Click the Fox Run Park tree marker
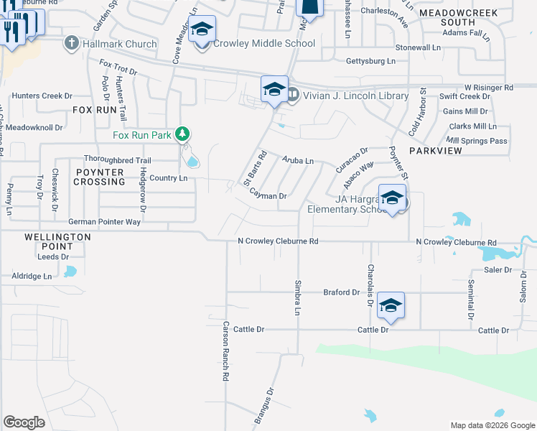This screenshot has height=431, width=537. coord(183,133)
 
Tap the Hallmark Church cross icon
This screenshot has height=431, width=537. coord(71,44)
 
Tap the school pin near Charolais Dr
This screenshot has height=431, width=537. coord(391,305)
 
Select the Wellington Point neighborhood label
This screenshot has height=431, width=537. coord(57,241)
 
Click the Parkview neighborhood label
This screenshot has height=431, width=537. coord(434,152)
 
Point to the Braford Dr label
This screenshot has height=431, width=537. coord(341,292)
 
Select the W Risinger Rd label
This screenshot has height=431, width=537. coord(489,87)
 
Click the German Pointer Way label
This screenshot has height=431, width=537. coord(104,222)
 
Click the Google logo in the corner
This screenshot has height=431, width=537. coord(24,422)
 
